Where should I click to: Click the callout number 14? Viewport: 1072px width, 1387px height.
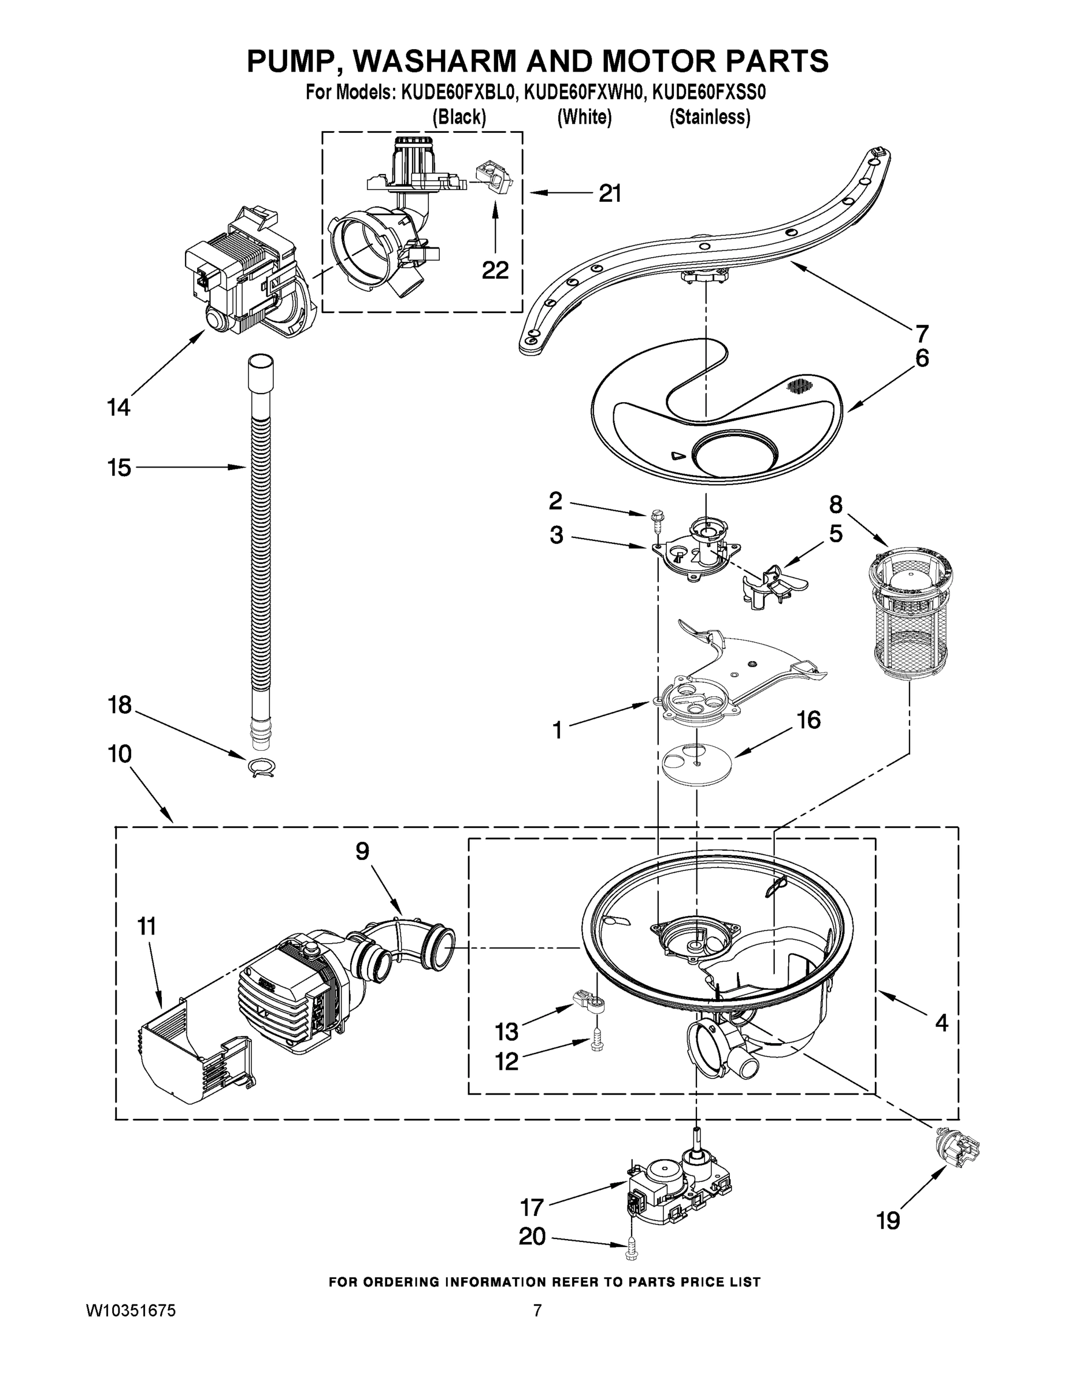(119, 407)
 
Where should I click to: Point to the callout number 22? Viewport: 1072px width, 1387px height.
(495, 270)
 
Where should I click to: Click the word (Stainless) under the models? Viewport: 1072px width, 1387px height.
(710, 117)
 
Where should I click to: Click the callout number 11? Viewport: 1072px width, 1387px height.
(146, 926)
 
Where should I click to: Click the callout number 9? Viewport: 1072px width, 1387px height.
(362, 851)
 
